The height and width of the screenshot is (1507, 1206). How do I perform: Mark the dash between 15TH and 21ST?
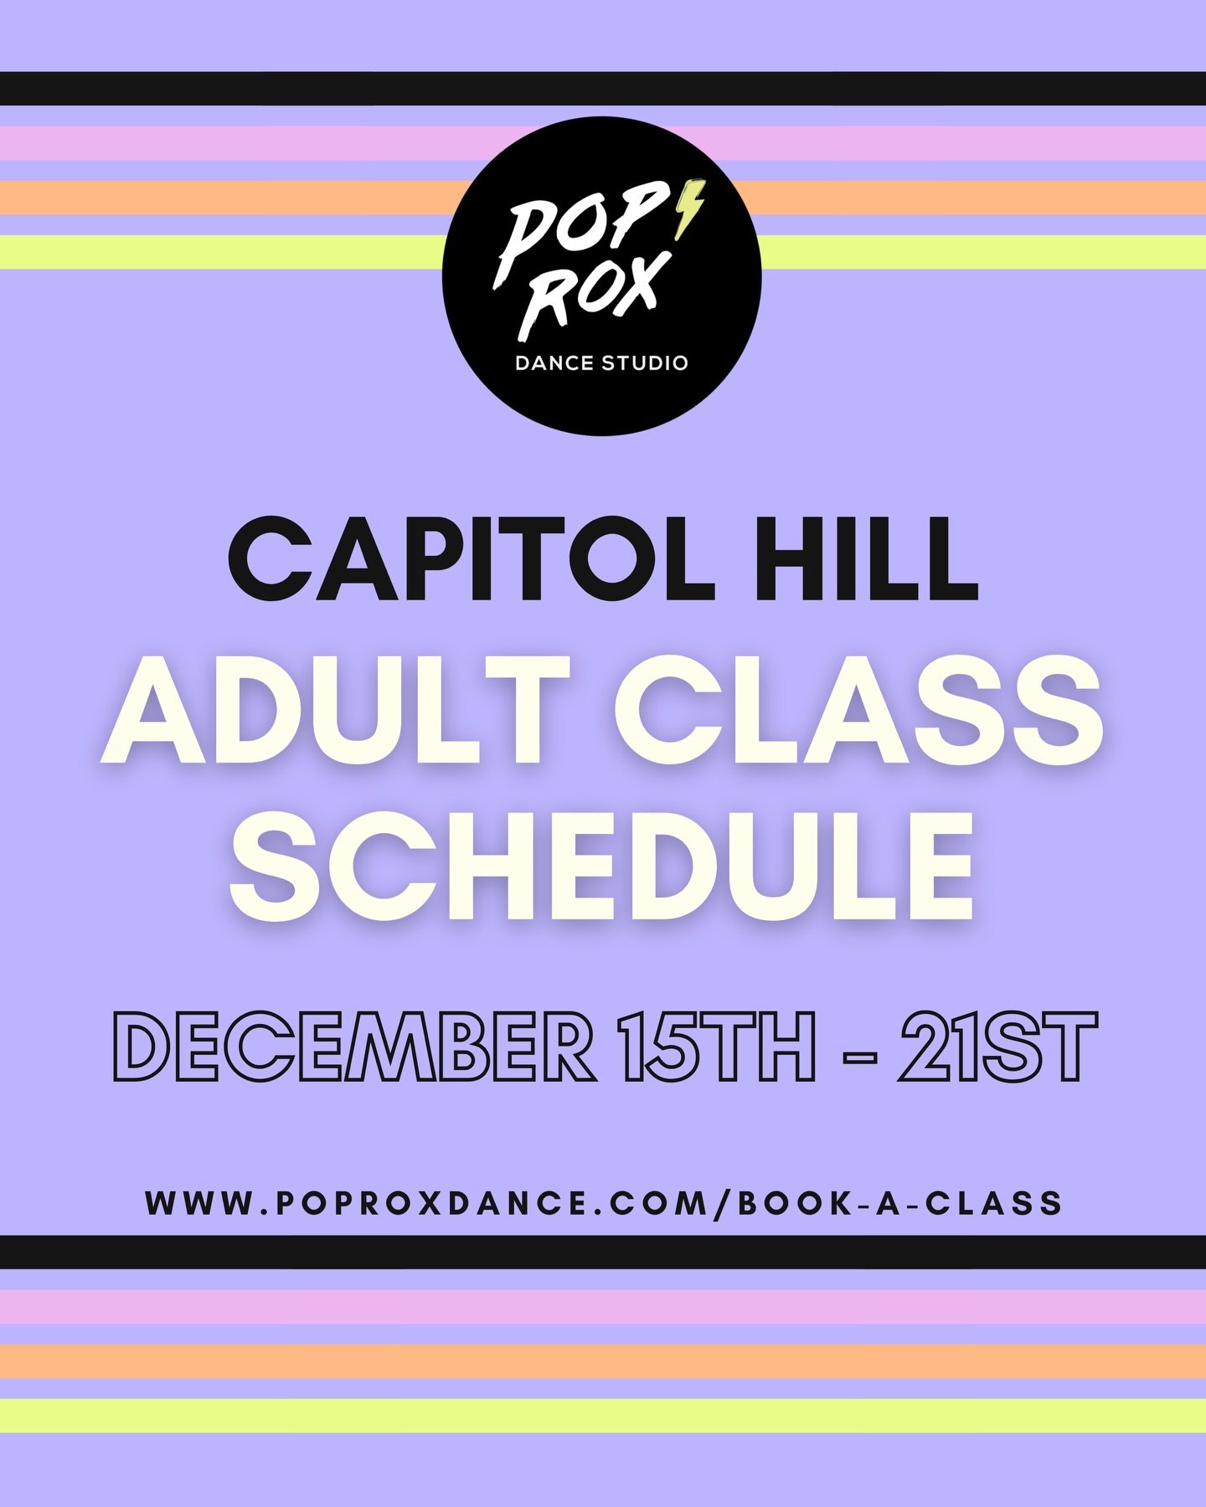[x=858, y=1057]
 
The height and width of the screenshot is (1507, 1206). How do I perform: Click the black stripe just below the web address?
[x=603, y=1252]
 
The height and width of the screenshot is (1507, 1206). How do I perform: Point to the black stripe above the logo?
[x=603, y=89]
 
